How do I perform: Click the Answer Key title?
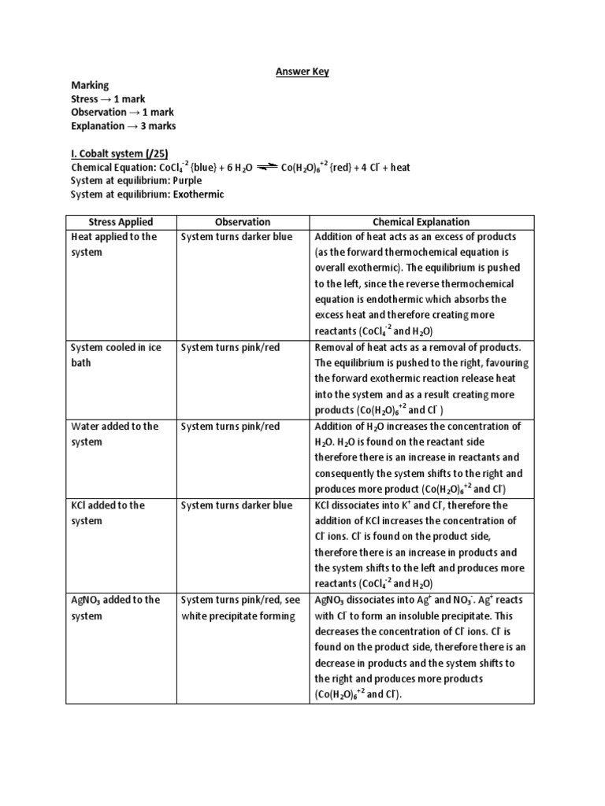click(302, 72)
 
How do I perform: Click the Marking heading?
click(90, 86)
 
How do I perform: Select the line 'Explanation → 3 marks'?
click(123, 126)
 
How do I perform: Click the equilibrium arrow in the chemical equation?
click(267, 167)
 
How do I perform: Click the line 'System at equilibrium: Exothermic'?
click(147, 194)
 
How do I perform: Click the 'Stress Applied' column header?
click(121, 222)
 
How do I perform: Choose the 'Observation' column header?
click(242, 222)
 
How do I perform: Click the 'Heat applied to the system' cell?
click(114, 245)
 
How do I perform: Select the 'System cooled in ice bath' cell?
click(114, 355)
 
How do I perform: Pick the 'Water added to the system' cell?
click(114, 434)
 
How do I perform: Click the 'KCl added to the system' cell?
click(108, 512)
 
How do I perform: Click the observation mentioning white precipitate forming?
click(240, 608)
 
